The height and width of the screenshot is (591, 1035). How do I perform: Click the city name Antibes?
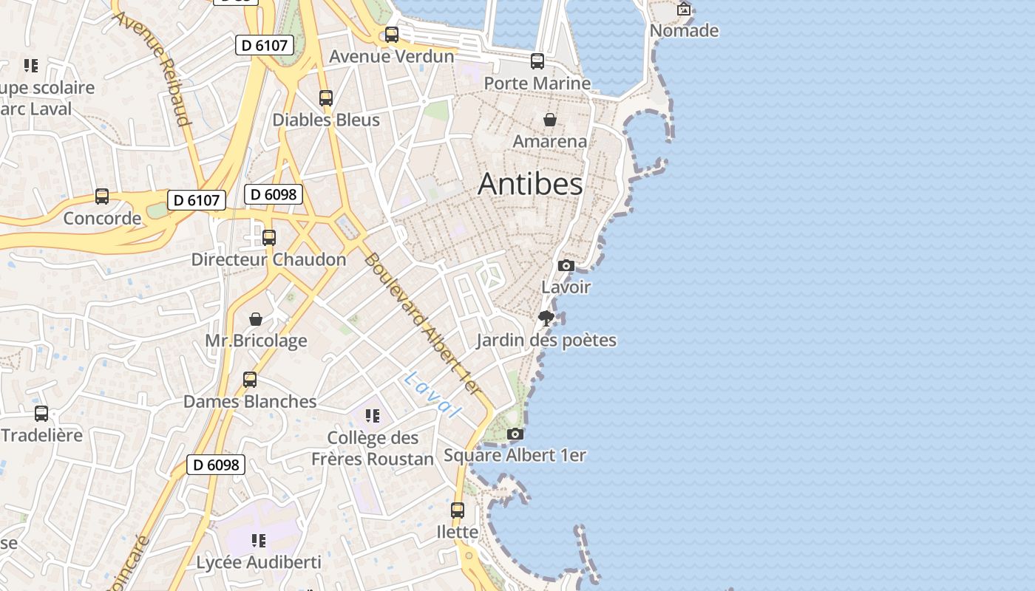click(x=530, y=184)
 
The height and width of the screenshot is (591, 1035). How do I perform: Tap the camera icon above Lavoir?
click(x=566, y=265)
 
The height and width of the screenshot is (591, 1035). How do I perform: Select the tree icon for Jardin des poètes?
click(x=546, y=318)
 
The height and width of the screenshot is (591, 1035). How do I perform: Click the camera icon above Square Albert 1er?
click(x=515, y=434)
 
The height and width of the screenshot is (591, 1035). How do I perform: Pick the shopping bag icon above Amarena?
click(x=550, y=120)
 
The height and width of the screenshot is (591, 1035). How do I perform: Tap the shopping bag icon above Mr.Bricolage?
click(x=256, y=319)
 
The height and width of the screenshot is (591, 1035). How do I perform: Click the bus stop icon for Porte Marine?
click(x=537, y=61)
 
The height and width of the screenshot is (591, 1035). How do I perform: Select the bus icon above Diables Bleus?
click(x=326, y=98)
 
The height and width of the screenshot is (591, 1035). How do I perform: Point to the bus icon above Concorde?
click(x=102, y=197)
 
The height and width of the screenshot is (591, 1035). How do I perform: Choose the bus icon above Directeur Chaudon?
click(x=269, y=238)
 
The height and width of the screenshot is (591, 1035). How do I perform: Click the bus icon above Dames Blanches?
click(x=250, y=380)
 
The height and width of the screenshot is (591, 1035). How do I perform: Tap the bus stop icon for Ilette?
click(x=458, y=510)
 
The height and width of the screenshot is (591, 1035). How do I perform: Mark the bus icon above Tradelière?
click(x=41, y=414)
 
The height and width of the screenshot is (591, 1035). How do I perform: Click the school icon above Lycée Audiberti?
click(x=258, y=541)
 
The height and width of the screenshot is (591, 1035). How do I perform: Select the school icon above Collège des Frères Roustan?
click(x=373, y=416)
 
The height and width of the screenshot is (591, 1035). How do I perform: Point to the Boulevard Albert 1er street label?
click(x=423, y=324)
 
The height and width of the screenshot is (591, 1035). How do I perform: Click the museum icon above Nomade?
click(x=684, y=9)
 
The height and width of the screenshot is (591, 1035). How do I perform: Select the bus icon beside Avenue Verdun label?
click(x=392, y=35)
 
